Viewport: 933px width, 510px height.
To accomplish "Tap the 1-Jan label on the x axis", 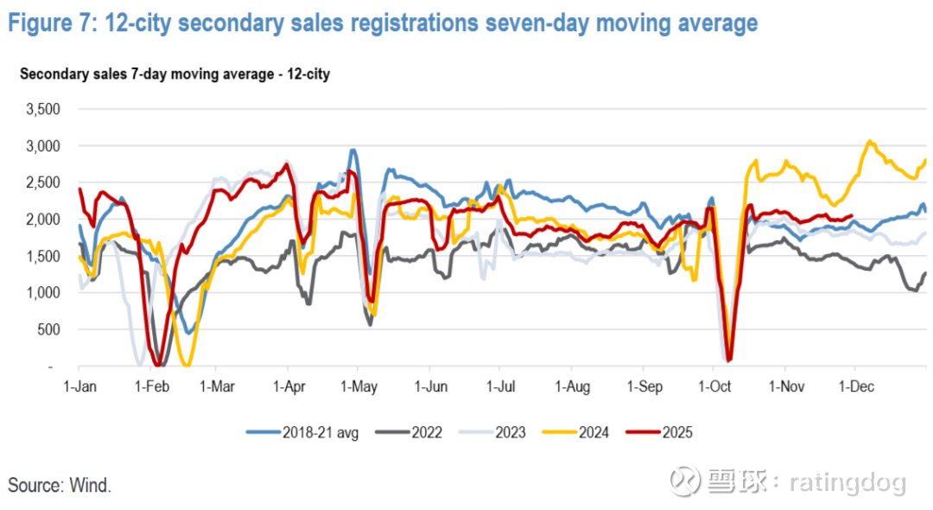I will point(79,386).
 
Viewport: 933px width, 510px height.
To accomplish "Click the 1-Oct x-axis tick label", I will point(714,386).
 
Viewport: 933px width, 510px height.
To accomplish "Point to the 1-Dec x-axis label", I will point(855,386).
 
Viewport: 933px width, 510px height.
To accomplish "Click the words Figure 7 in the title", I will point(49,22).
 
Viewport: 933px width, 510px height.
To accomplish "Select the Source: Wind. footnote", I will point(60,485).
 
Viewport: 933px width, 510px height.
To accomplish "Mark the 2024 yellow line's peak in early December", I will point(870,142).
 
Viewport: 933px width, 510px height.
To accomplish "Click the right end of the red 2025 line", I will point(853,216).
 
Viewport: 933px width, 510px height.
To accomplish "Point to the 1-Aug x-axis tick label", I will point(572,386).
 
